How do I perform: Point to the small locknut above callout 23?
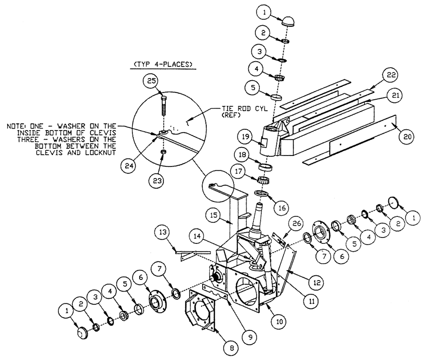(x=163, y=152)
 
